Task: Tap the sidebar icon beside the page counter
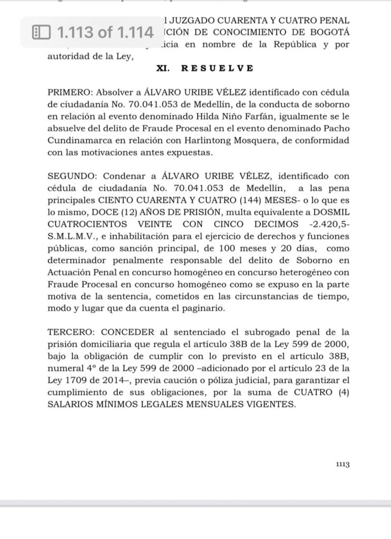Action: coord(41,33)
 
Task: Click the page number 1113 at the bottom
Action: coord(343,464)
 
